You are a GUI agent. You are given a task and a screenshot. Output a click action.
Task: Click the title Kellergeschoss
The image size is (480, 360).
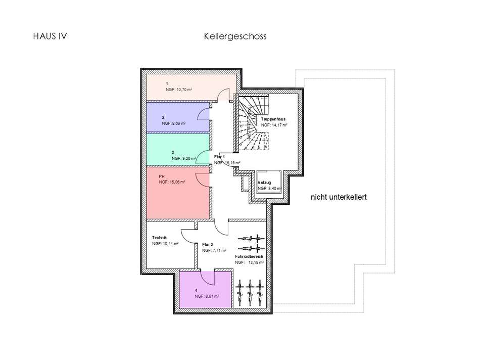[235, 36]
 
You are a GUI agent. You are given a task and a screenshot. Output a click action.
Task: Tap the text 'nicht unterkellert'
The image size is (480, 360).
[338, 198]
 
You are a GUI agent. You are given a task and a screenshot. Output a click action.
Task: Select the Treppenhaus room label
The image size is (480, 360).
[273, 119]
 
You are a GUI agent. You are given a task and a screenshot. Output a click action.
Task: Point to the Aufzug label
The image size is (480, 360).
[264, 183]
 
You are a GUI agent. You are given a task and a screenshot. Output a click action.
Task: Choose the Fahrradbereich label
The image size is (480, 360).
[249, 257]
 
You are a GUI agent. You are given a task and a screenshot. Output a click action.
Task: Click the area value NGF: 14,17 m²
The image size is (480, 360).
[274, 125]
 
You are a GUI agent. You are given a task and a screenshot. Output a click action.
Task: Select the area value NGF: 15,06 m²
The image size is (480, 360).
[172, 182]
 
